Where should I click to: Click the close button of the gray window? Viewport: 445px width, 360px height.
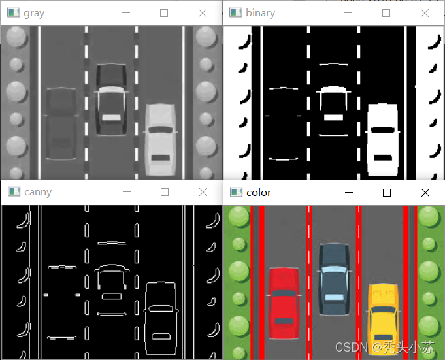[x=203, y=13]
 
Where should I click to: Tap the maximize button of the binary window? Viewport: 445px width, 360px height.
[x=386, y=13]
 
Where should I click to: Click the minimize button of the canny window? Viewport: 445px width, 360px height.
[x=127, y=192]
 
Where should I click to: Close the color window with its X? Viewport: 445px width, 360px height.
[x=425, y=193]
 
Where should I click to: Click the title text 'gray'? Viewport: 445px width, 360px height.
[x=34, y=13]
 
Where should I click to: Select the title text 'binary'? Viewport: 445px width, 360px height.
[x=260, y=13]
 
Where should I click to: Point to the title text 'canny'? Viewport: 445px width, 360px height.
[x=38, y=192]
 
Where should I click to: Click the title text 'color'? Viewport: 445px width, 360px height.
[x=259, y=193]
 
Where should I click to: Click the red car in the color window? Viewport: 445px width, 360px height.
[x=284, y=303]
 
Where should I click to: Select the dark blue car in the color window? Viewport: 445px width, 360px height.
[x=334, y=280]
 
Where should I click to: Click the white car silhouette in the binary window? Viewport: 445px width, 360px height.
[x=382, y=140]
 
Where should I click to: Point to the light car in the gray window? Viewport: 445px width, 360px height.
[x=160, y=140]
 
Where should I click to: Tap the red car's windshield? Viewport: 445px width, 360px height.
[x=284, y=293]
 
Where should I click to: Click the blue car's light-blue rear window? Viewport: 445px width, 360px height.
[x=334, y=297]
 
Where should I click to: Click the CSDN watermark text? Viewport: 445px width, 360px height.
[x=384, y=347]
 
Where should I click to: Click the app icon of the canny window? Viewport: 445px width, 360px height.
[x=14, y=192]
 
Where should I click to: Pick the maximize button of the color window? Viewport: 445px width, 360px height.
[x=387, y=193]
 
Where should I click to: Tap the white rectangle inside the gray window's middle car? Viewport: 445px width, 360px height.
[x=112, y=118]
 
